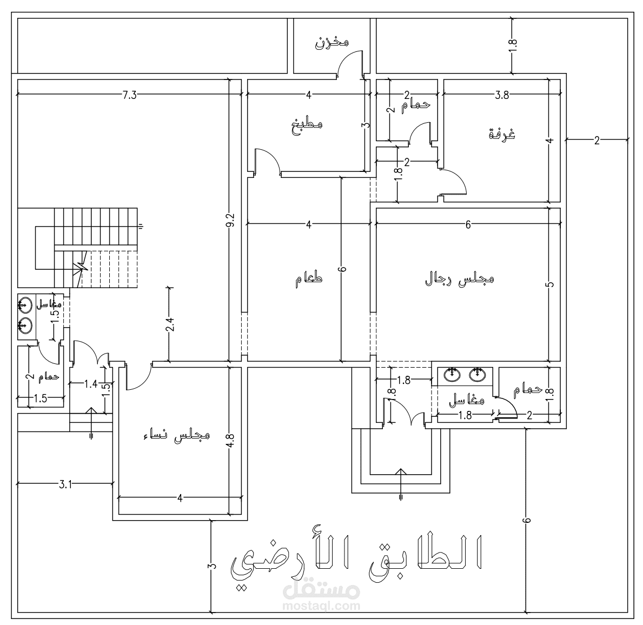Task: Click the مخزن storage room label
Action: click(x=332, y=42)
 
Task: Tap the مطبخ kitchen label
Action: click(x=307, y=124)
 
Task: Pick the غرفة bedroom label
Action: click(x=502, y=134)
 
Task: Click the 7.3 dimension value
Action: click(x=130, y=95)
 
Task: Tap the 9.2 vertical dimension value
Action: click(x=230, y=221)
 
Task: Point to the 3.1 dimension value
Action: click(x=65, y=484)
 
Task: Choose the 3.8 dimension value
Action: click(x=502, y=95)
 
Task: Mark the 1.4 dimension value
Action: click(x=90, y=384)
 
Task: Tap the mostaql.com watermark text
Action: click(x=321, y=606)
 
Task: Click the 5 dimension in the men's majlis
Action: click(x=550, y=285)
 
